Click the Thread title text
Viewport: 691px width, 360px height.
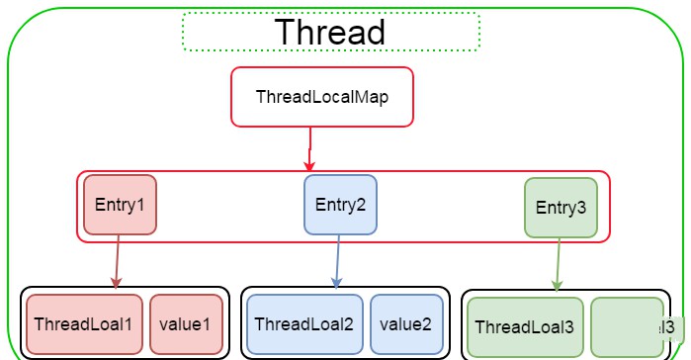tap(330, 31)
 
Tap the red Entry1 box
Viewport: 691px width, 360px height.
tap(121, 205)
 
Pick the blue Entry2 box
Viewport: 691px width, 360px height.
tap(340, 205)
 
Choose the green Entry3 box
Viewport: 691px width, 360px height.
tap(561, 208)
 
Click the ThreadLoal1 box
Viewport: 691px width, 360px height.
tap(83, 324)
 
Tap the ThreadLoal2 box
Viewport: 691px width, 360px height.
tap(303, 324)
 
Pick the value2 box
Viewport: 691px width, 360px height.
tap(406, 324)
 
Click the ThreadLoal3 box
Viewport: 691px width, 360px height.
tap(524, 327)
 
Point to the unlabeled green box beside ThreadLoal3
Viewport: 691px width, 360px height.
tap(627, 327)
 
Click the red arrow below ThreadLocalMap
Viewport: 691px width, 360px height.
tap(309, 148)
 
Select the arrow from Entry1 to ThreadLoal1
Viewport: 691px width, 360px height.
tap(118, 262)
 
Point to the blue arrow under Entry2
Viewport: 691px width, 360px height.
tap(338, 262)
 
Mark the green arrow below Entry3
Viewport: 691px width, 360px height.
tap(559, 265)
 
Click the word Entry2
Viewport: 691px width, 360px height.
tap(340, 205)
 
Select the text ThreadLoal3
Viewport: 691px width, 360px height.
tap(524, 327)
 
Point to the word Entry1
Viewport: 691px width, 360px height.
tap(121, 205)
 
